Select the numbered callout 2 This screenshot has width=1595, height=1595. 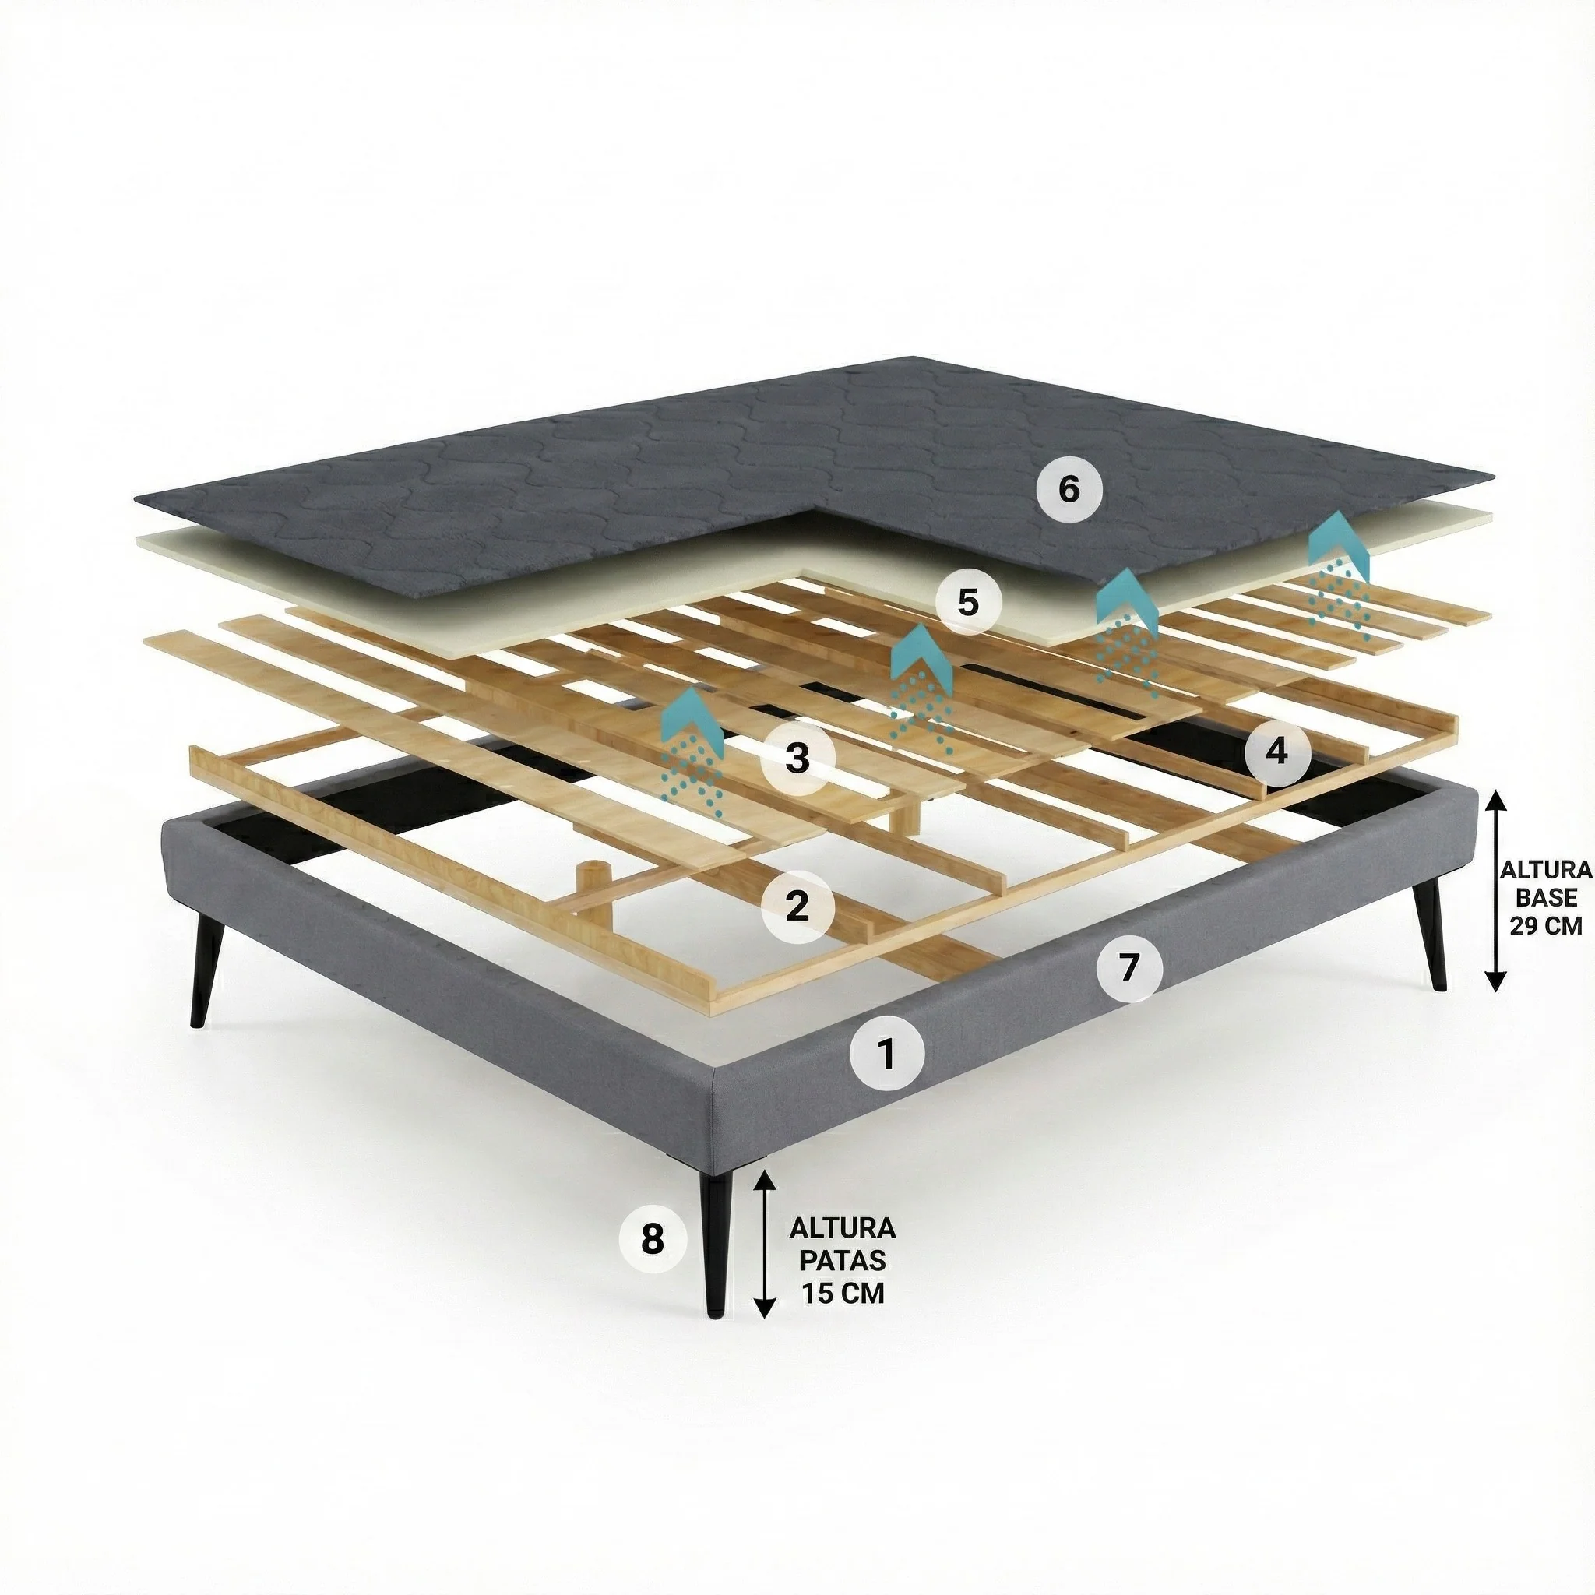797,907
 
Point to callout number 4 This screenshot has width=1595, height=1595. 1276,751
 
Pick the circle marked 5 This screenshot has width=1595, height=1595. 968,603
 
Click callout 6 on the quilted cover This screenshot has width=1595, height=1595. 1069,490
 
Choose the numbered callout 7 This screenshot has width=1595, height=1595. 1130,966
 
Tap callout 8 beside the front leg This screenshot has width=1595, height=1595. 653,1238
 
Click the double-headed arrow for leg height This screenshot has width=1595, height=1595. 766,1247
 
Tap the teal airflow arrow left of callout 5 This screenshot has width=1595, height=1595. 922,689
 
